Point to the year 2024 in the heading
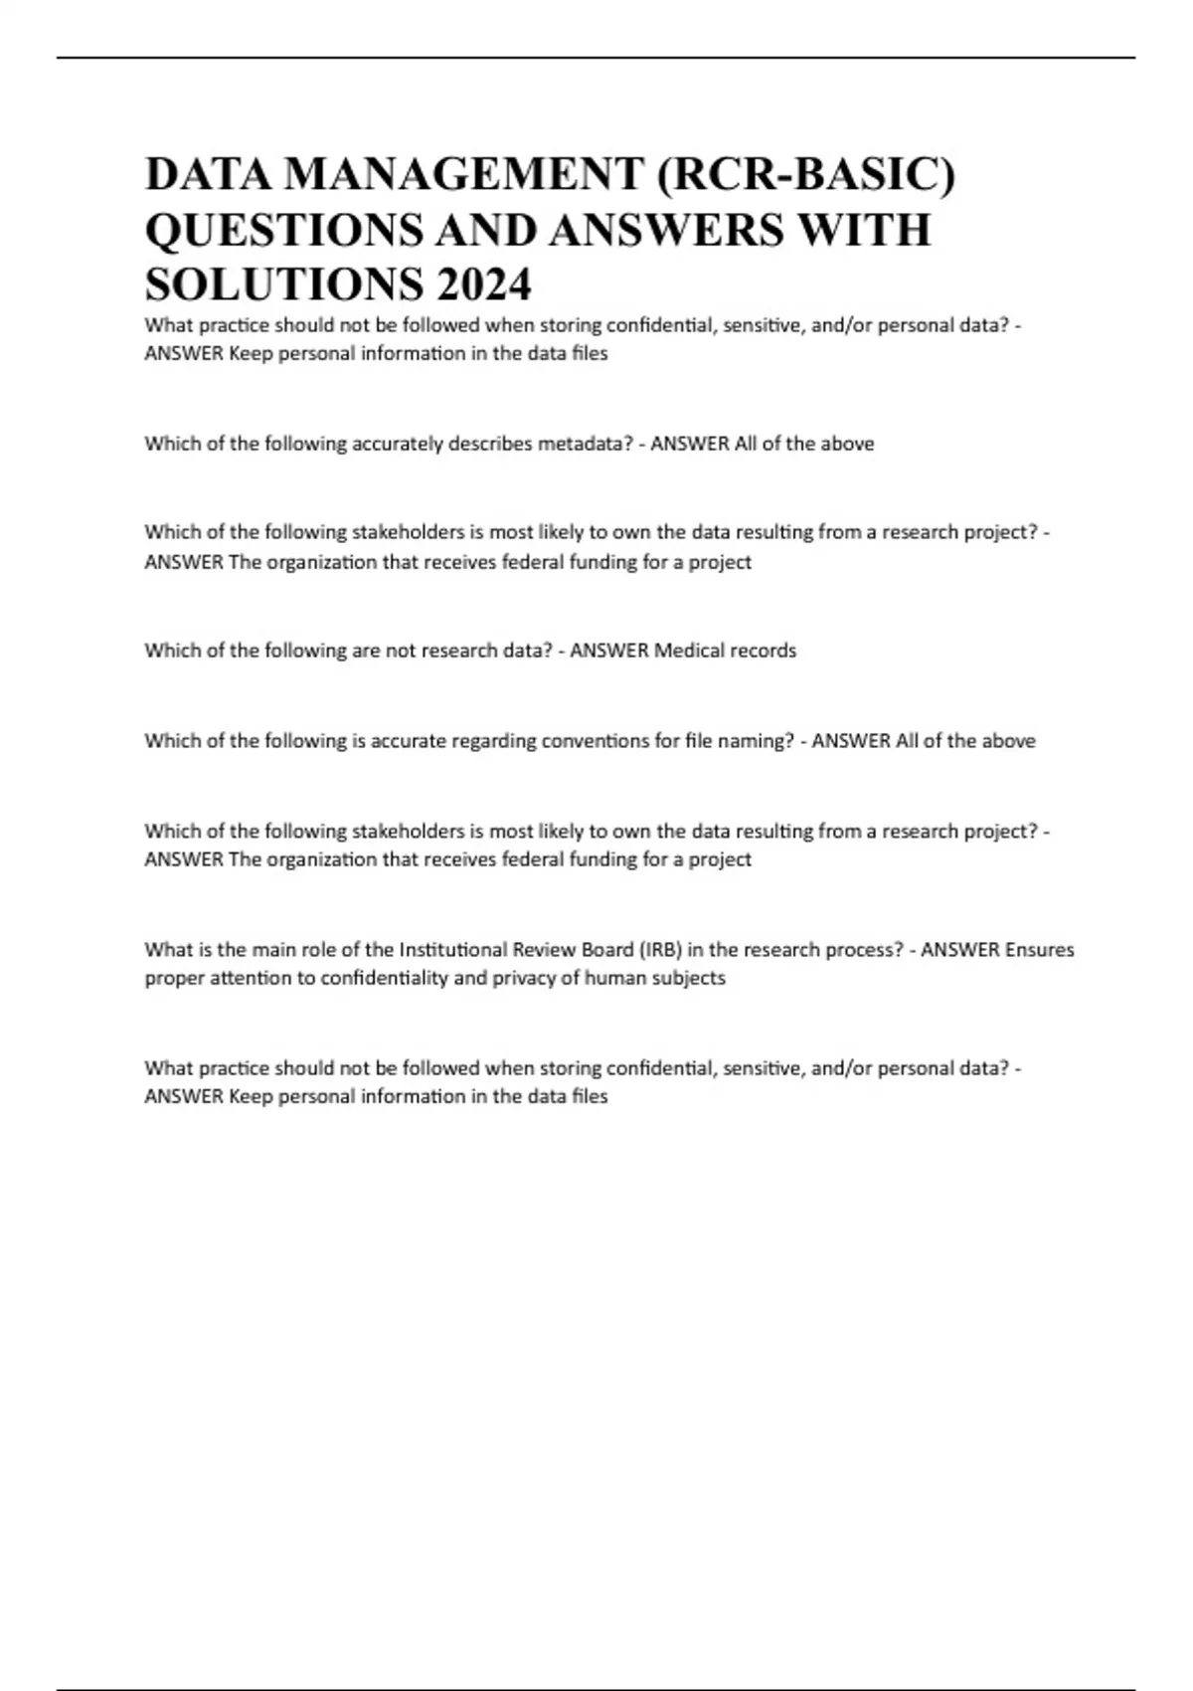pos(483,284)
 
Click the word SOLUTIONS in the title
pos(283,284)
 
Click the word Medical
pos(689,651)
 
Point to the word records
pos(764,651)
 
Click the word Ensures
pos(1040,950)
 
